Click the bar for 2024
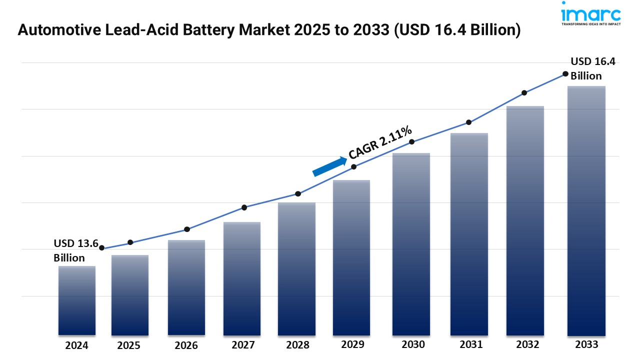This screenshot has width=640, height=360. [77, 300]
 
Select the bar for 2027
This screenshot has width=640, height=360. [242, 278]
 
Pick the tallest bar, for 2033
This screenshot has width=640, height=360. [586, 210]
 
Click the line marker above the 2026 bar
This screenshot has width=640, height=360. [187, 229]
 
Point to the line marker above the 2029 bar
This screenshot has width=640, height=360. [354, 167]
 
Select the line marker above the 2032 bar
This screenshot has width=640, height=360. [524, 93]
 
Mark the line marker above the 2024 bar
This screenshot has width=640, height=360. [102, 248]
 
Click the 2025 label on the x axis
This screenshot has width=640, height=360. [129, 345]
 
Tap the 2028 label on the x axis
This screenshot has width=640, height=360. [297, 345]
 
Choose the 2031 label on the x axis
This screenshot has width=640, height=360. [470, 344]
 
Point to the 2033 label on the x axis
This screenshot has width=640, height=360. [586, 344]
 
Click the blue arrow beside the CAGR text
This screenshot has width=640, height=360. [330, 166]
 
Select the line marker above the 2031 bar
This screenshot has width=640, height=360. [469, 122]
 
